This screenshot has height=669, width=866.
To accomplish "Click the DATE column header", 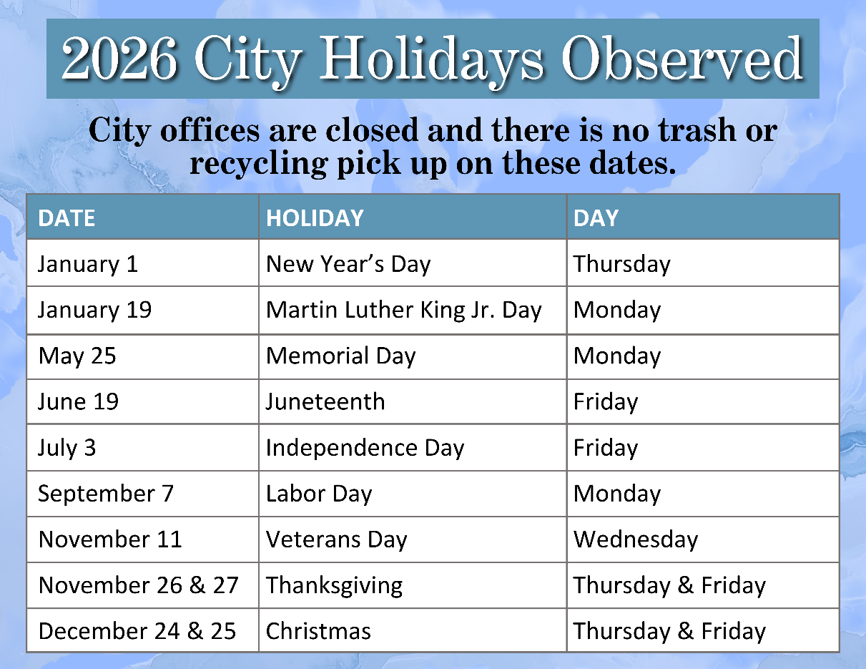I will pyautogui.click(x=67, y=218).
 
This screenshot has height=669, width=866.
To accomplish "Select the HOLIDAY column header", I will pyautogui.click(x=315, y=218).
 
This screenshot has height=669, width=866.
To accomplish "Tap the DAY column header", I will pyautogui.click(x=596, y=218).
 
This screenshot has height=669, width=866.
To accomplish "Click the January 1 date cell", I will pyautogui.click(x=87, y=264).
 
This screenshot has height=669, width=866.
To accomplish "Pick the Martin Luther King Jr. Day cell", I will pyautogui.click(x=403, y=310).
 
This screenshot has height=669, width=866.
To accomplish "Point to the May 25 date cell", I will pyautogui.click(x=77, y=356).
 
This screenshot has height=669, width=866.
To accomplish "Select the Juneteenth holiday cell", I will pyautogui.click(x=325, y=401).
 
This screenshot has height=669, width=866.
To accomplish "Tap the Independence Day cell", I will pyautogui.click(x=365, y=448).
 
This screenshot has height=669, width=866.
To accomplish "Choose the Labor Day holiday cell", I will pyautogui.click(x=319, y=494).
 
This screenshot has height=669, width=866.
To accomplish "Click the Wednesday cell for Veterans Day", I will pyautogui.click(x=635, y=539).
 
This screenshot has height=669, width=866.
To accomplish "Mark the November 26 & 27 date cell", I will pyautogui.click(x=138, y=585).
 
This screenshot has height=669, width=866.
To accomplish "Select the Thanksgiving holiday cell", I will pyautogui.click(x=334, y=585).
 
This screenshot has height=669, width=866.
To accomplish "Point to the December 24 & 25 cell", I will pyautogui.click(x=137, y=631).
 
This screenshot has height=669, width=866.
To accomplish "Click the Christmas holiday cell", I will pyautogui.click(x=318, y=631).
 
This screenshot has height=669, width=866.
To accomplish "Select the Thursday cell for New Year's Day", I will pyautogui.click(x=621, y=264).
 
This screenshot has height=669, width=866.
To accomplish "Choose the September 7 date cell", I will pyautogui.click(x=105, y=494).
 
